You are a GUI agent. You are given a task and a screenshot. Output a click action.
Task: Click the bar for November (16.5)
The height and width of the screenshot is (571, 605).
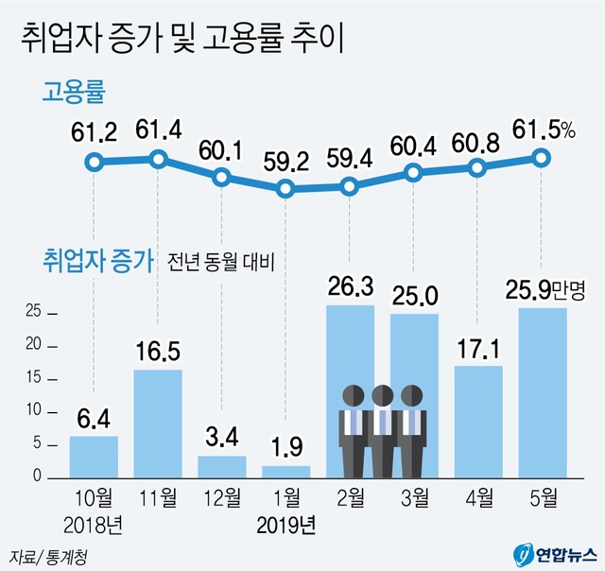[x=158, y=423]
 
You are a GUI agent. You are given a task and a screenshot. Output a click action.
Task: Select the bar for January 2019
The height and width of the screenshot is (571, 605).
[x=285, y=471]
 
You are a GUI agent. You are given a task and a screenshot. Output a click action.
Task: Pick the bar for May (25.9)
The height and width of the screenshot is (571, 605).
[x=543, y=392]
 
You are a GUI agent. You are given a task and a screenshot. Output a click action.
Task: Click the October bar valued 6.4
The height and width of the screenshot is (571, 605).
[x=94, y=456]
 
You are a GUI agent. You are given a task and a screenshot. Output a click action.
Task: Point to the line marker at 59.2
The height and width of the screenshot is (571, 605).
[x=285, y=189]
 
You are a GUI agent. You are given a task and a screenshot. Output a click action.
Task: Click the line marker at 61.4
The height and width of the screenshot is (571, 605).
[x=158, y=159]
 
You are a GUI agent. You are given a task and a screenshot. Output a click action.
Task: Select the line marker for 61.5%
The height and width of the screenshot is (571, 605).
[x=542, y=157]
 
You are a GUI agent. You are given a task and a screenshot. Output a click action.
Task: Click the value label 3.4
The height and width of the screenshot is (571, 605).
[x=221, y=439]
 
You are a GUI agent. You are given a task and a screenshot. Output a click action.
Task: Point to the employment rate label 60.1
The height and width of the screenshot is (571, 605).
[x=221, y=150]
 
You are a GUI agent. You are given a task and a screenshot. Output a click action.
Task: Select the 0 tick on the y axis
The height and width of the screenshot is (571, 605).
[x=36, y=477]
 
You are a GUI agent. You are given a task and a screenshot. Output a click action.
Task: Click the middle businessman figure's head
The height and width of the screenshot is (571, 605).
[x=382, y=395]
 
